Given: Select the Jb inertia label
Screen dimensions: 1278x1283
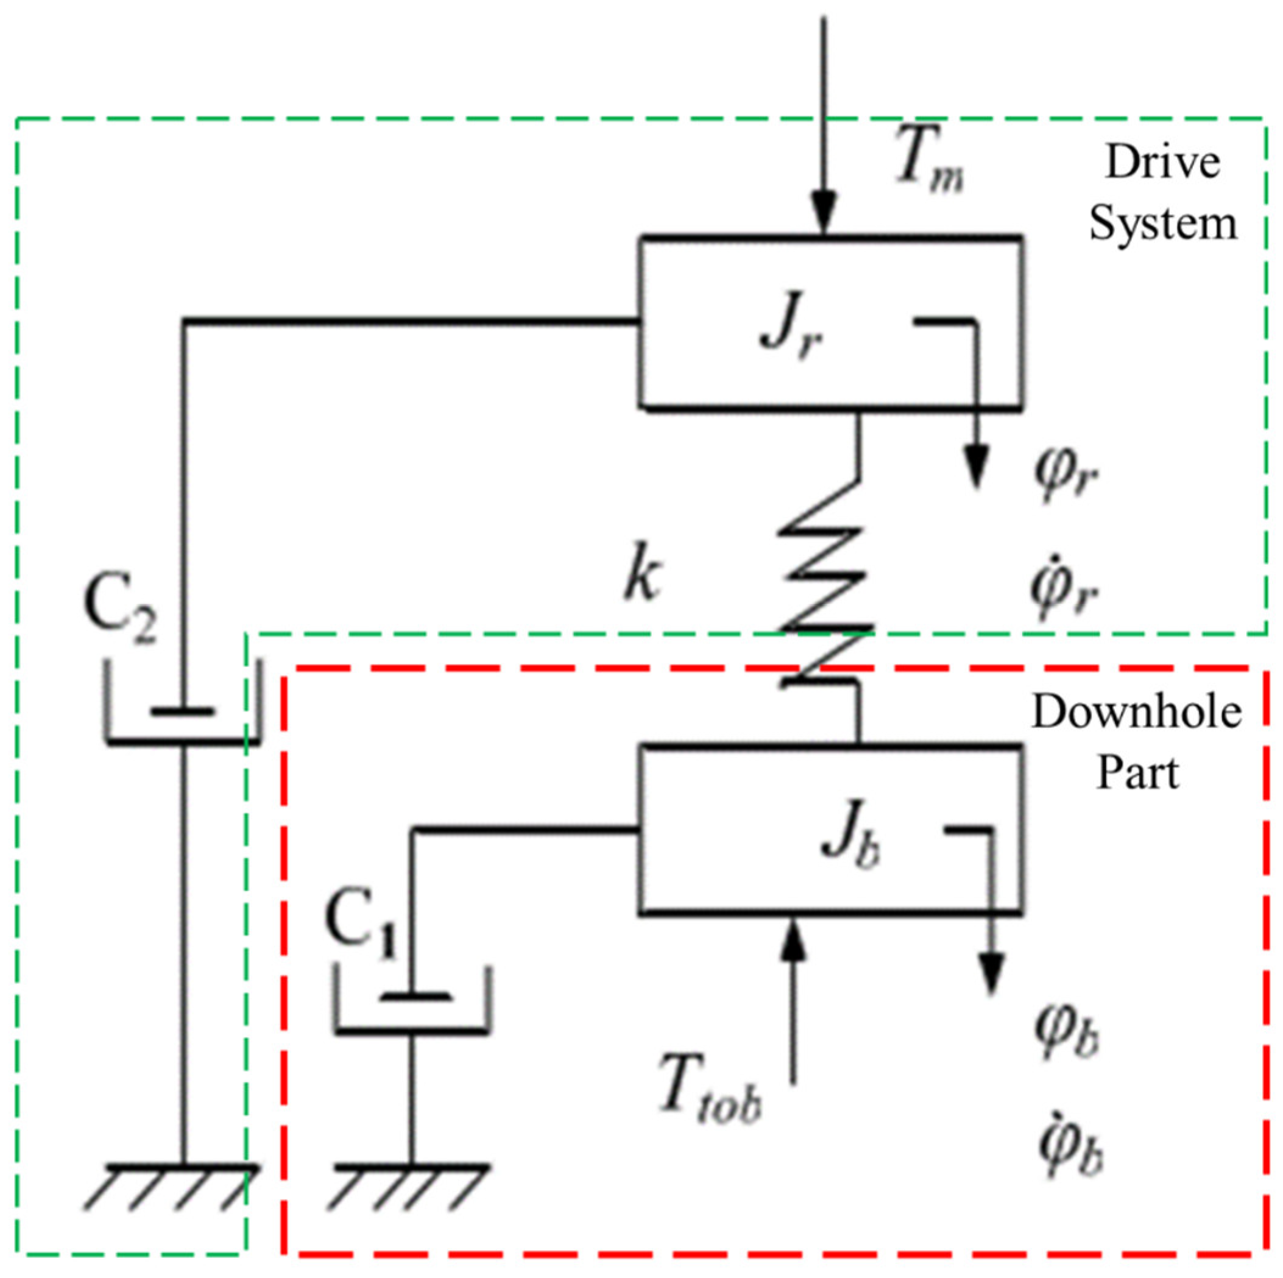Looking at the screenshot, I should click(x=850, y=847).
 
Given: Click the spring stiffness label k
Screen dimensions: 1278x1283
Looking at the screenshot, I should click(x=641, y=576).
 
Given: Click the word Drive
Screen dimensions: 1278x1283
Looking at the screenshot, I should click(x=1163, y=163).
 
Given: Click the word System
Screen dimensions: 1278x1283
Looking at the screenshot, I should click(x=1163, y=224).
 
